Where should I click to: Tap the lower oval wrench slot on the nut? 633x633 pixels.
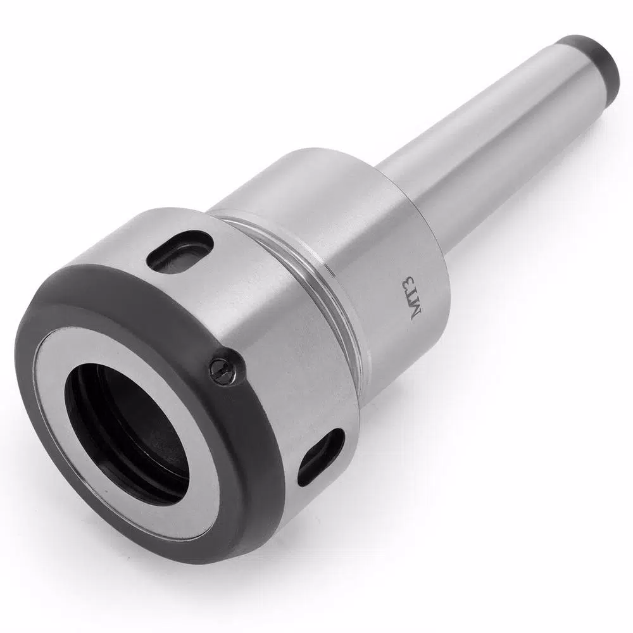(x=321, y=456)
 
